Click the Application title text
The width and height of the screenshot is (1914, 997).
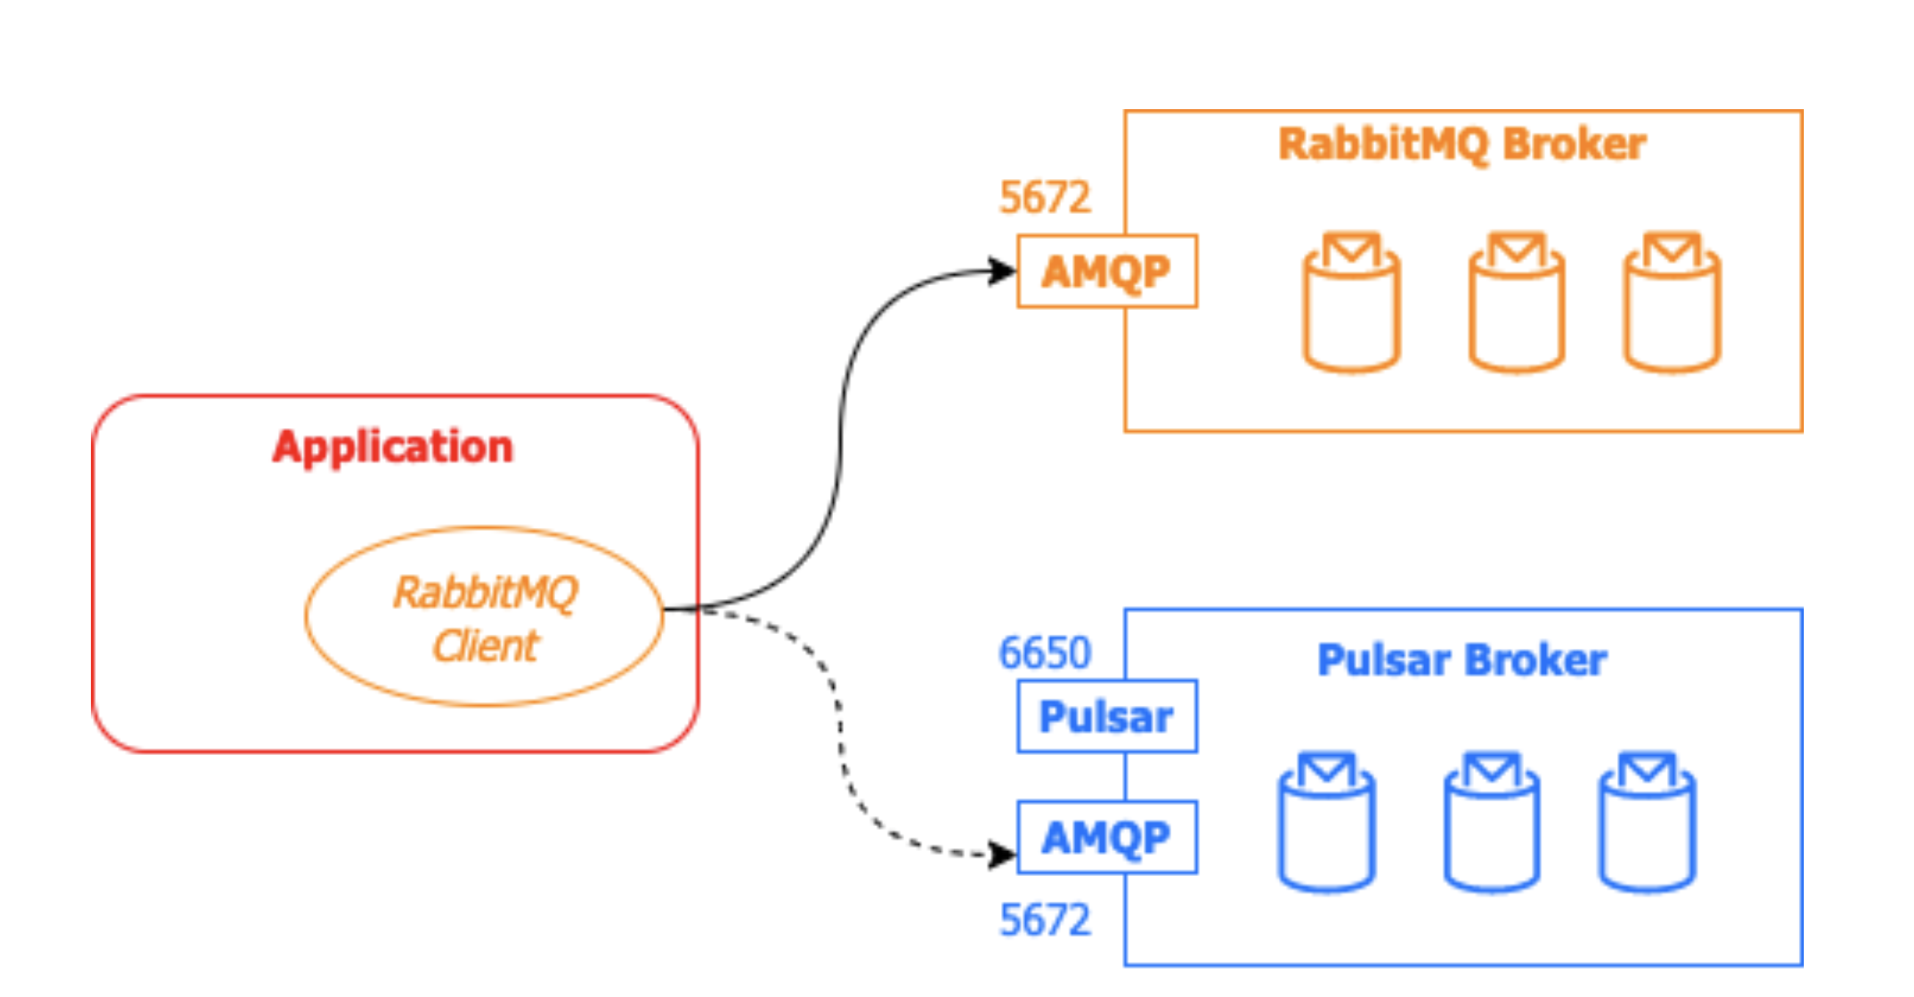[x=392, y=447]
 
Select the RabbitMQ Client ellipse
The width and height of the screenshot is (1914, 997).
[x=484, y=617]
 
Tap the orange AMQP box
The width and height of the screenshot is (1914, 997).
[x=1107, y=271]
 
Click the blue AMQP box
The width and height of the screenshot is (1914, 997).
[x=1107, y=837]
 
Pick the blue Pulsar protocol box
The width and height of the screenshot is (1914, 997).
[x=1107, y=717]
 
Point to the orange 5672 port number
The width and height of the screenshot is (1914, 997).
[x=1045, y=198]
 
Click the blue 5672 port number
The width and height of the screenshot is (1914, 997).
[x=1045, y=920]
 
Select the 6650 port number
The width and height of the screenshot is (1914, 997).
[x=1045, y=653]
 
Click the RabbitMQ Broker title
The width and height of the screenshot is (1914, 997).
[x=1462, y=144]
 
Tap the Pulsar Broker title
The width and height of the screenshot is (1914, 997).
[x=1462, y=661]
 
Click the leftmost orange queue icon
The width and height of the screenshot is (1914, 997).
[x=1352, y=302]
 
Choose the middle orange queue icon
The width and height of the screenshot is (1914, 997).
[x=1517, y=302]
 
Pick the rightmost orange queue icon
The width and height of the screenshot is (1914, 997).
[x=1672, y=302]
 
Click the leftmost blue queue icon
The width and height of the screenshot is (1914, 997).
[x=1327, y=823]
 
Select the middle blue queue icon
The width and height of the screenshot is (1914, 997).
[x=1492, y=823]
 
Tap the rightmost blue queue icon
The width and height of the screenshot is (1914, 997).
[x=1647, y=823]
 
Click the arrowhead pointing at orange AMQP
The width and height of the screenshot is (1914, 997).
[x=1003, y=271]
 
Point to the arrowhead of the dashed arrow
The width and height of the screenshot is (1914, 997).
[x=1003, y=855]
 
